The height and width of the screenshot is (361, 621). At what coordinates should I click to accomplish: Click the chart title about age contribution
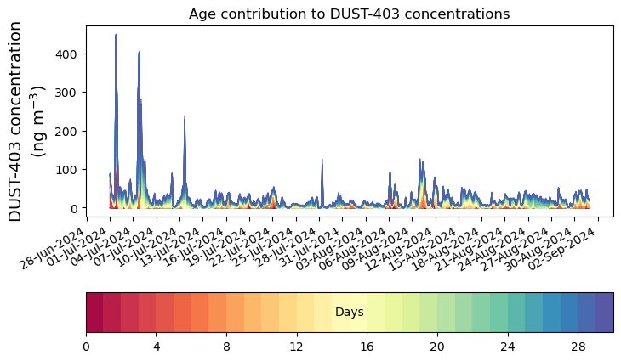(349, 14)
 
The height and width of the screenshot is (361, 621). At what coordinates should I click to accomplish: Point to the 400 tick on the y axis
(69, 54)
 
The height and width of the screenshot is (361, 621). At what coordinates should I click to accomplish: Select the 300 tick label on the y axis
(69, 93)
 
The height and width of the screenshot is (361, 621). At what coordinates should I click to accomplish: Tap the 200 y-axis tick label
(69, 131)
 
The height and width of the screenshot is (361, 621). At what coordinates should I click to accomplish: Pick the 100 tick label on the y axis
(69, 170)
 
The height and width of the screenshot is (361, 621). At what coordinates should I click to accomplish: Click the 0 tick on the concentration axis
(76, 208)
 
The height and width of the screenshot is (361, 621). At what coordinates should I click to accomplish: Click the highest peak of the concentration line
(116, 35)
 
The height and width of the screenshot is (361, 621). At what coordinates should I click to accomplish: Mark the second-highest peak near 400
(140, 52)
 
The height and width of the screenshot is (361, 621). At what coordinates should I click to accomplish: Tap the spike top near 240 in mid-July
(185, 116)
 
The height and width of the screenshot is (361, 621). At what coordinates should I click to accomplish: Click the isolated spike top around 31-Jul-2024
(322, 160)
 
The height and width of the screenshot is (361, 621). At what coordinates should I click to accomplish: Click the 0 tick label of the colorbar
(86, 347)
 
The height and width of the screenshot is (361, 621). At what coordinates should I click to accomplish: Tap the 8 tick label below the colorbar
(226, 347)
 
